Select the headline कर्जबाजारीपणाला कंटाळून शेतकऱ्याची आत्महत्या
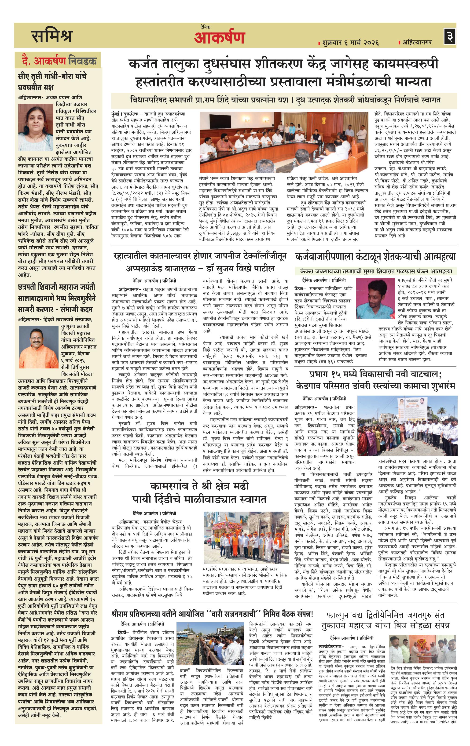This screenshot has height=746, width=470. [x=375, y=257]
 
